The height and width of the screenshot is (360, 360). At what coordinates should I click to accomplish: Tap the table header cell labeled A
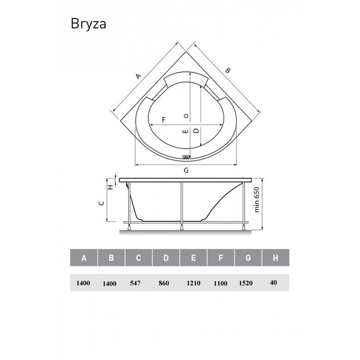pos(83,258)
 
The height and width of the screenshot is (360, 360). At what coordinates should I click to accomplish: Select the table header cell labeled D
pos(165,258)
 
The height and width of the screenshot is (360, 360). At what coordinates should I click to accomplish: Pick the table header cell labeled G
pos(249,258)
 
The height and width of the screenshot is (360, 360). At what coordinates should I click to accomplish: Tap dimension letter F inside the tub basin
pos(164,119)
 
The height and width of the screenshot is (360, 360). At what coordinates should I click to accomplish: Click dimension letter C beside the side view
pos(102,203)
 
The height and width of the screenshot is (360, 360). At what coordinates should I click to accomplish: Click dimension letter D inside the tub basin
pos(196,131)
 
